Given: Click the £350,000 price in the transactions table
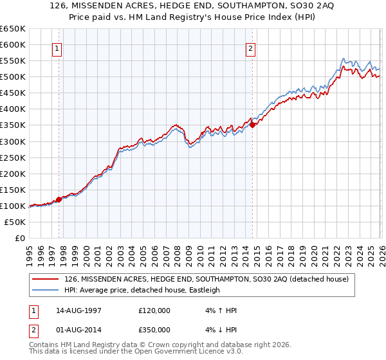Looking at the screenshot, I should (x=154, y=329).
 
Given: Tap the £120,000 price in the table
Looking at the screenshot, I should (x=154, y=310).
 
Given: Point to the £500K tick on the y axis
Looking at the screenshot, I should (x=14, y=77).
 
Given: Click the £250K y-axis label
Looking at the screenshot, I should (x=14, y=157).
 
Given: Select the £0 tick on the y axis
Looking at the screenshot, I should (x=20, y=238).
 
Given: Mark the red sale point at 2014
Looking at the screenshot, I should (x=252, y=125).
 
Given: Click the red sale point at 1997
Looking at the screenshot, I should (x=59, y=199).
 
